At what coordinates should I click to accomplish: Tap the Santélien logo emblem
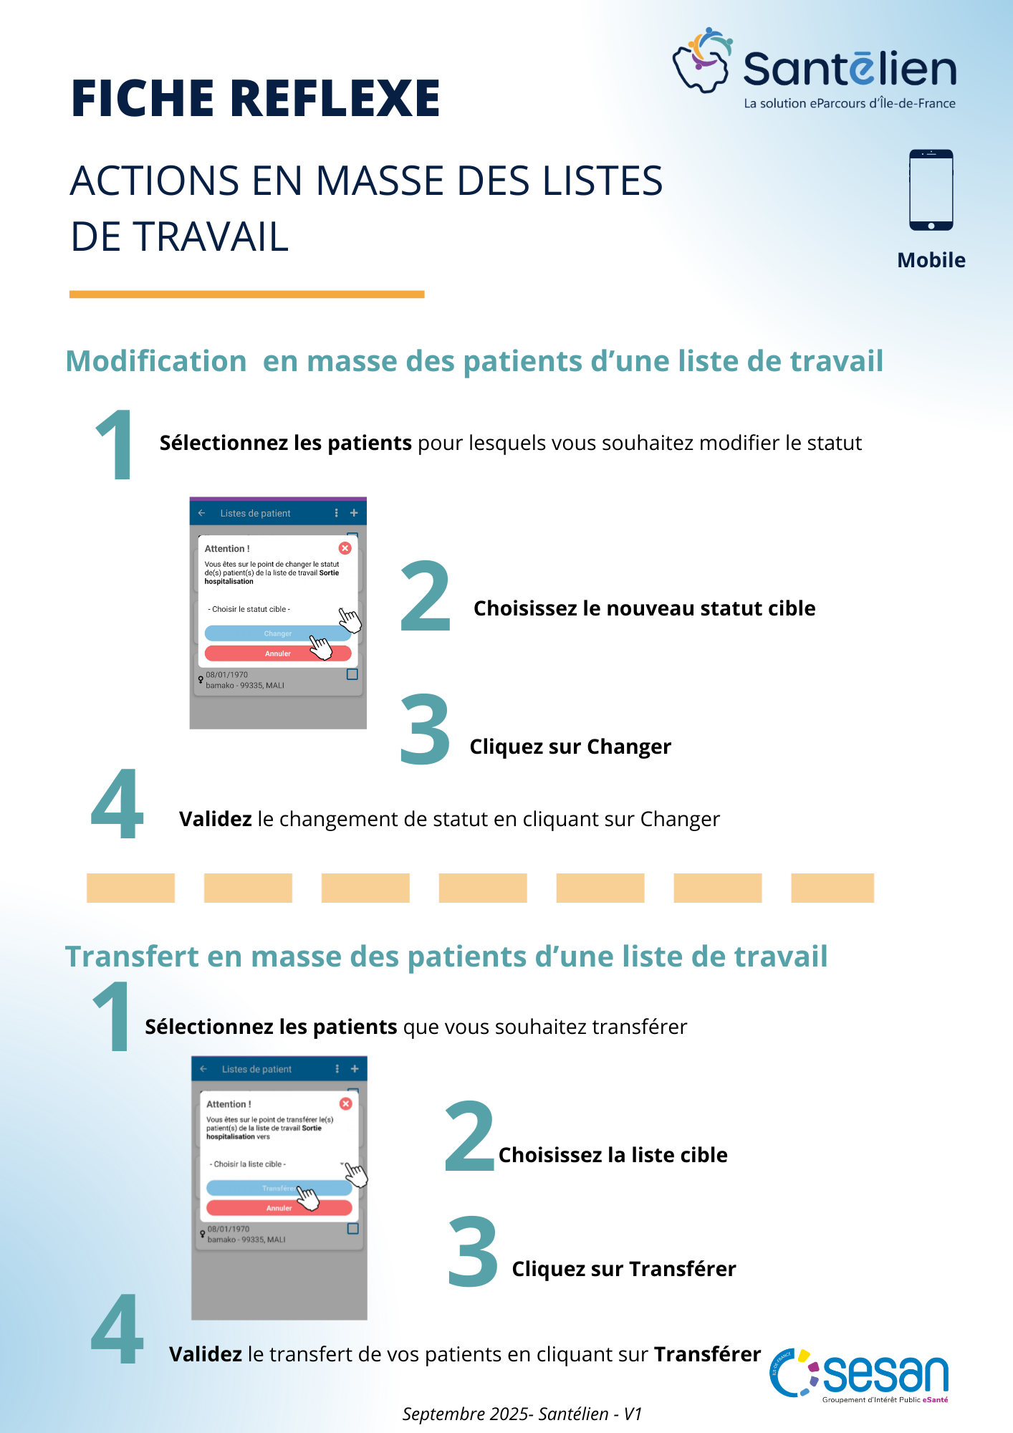701,60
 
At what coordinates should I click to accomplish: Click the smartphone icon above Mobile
931,190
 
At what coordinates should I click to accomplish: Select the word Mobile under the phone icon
931,260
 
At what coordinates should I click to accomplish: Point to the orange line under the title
246,294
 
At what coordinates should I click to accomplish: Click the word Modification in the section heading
156,361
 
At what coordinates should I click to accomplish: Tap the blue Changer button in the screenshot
277,633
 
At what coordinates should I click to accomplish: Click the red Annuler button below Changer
277,653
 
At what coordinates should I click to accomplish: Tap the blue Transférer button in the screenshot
279,1188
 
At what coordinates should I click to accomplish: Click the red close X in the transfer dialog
346,1103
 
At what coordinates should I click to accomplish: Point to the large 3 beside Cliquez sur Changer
425,729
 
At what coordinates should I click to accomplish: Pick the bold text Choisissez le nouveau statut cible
644,608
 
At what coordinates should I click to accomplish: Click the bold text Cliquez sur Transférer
623,1269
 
